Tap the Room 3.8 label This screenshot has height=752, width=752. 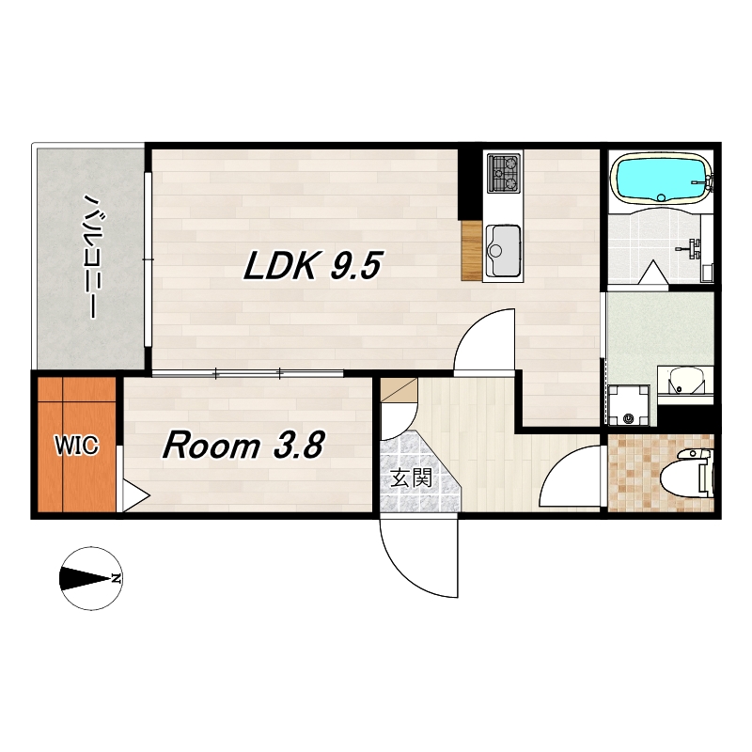point(244,445)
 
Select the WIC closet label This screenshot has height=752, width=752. point(77,446)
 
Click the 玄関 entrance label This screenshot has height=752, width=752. point(412,478)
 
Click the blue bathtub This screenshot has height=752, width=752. point(662,179)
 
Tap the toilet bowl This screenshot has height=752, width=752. point(687,473)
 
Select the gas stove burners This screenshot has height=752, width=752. point(504,173)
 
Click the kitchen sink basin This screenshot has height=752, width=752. point(503,251)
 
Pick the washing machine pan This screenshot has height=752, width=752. point(629,405)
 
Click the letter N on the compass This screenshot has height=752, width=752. point(116,579)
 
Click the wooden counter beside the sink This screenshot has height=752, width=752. point(471,250)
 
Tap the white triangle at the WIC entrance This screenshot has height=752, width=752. point(135,495)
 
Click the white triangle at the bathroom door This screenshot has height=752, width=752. point(653,273)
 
